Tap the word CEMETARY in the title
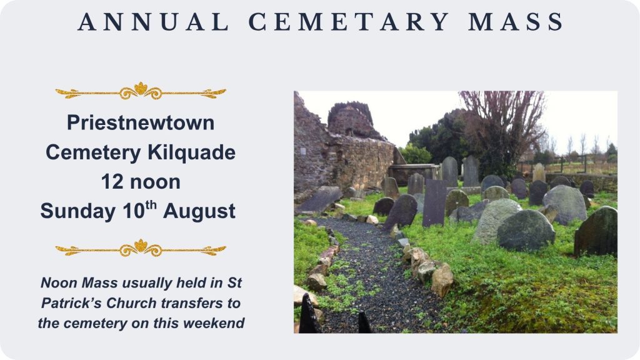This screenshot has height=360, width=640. point(348,22)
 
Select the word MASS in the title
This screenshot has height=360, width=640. point(516,22)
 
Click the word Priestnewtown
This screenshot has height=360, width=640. point(141,122)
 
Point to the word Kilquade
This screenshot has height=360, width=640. point(191,152)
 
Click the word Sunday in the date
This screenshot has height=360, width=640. point(77,211)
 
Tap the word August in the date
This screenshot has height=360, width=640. point(199,211)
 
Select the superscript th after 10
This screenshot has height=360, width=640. point(151,204)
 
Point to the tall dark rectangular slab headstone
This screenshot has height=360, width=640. point(434,203)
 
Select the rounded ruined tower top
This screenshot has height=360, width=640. point(352,119)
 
